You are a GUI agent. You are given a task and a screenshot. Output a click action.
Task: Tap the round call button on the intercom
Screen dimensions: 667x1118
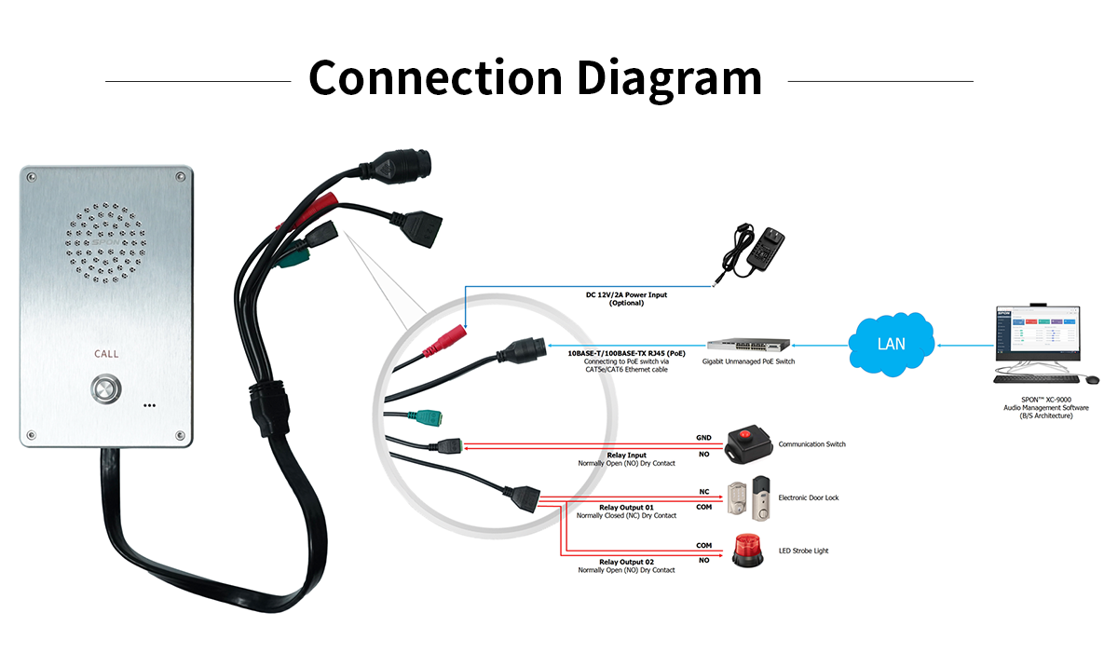(x=106, y=388)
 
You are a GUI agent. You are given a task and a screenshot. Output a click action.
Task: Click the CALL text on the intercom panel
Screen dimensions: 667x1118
(x=106, y=354)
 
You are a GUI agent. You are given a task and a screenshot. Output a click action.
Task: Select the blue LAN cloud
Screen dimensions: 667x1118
(x=892, y=344)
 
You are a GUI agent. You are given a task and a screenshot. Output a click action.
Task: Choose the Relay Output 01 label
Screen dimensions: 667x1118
(x=626, y=507)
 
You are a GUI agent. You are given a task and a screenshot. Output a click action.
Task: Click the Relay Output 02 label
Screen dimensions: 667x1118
(x=626, y=562)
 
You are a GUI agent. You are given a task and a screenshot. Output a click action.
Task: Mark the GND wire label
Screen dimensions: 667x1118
(x=703, y=437)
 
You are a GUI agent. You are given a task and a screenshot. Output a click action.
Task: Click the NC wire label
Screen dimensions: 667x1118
(x=703, y=491)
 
